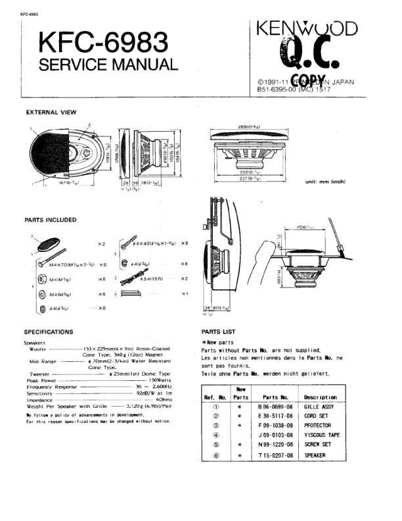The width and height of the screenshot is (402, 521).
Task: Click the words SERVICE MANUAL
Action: click(x=108, y=65)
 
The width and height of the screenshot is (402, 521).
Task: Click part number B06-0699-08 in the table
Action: click(x=275, y=409)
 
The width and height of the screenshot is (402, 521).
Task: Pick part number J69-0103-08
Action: click(x=275, y=435)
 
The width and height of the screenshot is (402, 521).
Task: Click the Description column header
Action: click(x=321, y=397)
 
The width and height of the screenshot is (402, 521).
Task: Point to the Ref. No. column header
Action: click(x=215, y=397)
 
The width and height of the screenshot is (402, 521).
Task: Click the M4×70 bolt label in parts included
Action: click(x=70, y=264)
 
